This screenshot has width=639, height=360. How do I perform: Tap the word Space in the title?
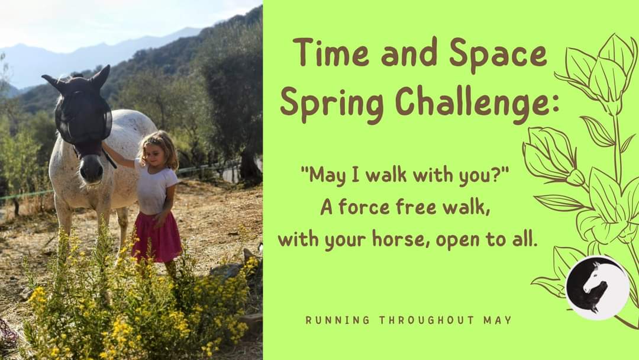pos(498,56)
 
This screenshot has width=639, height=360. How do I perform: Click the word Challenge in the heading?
pos(470,104)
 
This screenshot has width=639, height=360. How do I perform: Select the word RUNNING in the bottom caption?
pos(337,320)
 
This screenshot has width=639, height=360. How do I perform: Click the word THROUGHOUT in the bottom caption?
pos(427,320)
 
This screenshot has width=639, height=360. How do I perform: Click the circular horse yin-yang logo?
pos(598,288)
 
